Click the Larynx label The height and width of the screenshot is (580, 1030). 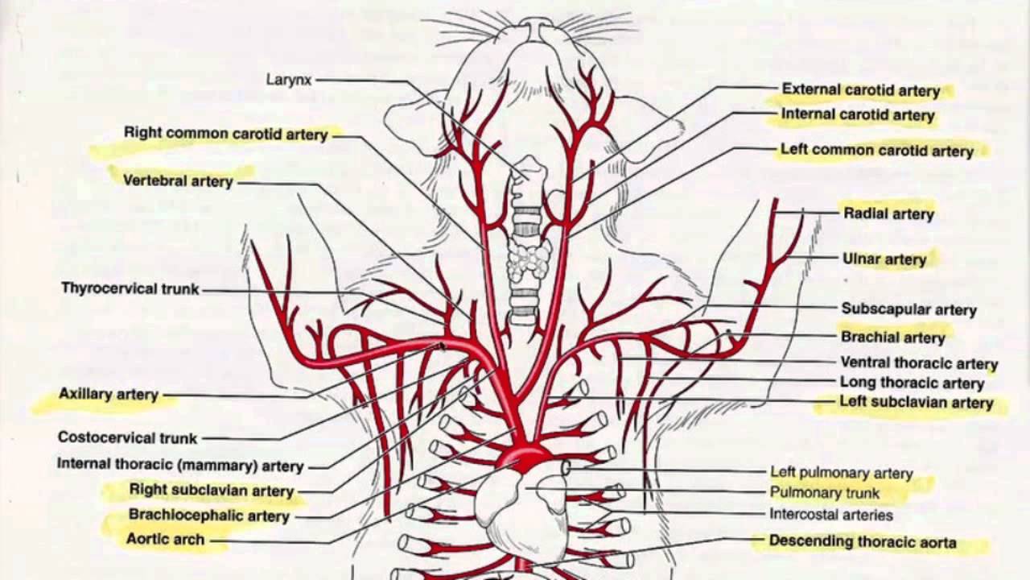tap(289, 80)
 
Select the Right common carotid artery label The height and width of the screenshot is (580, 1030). tap(225, 134)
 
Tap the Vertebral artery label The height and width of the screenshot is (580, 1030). tap(178, 181)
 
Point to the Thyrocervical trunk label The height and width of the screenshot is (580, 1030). tap(130, 288)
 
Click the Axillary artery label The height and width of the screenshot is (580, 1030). tap(109, 395)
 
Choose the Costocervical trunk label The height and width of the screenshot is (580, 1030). tap(127, 438)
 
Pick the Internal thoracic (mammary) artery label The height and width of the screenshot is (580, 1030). tap(180, 466)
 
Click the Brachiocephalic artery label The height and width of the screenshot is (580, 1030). tap(208, 516)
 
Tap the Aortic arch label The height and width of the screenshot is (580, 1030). tap(166, 540)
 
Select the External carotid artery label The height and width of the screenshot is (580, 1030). tap(860, 90)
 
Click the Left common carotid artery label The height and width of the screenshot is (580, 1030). tap(876, 151)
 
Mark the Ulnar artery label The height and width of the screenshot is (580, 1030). tap(884, 259)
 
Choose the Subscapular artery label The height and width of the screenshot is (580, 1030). tap(908, 309)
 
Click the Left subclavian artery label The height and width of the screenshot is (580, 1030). tap(916, 402)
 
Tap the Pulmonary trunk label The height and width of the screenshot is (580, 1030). tap(824, 493)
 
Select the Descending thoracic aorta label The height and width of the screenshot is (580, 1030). tap(863, 542)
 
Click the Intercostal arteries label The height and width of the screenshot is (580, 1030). tap(831, 514)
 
